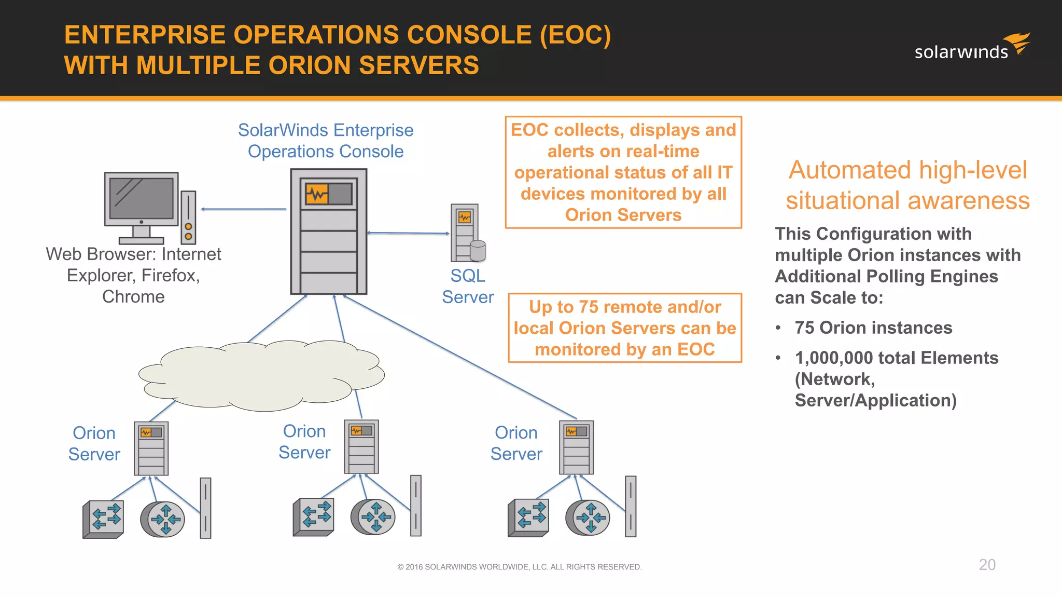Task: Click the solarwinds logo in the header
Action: tap(972, 48)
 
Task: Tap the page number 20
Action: tap(987, 565)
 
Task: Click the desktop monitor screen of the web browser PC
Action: tap(141, 198)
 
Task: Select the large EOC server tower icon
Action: tap(329, 232)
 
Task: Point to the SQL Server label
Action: tap(467, 286)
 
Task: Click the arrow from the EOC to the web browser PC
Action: tap(244, 209)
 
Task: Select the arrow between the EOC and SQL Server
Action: tap(408, 233)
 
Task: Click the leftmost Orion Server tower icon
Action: tap(151, 448)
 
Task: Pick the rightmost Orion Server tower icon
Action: tap(576, 447)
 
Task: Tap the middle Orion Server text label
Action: tap(304, 442)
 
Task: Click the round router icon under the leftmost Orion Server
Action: tap(163, 519)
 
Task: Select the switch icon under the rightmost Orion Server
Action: tap(528, 518)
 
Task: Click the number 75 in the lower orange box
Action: tap(589, 307)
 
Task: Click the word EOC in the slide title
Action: tap(575, 35)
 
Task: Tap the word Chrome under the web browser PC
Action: tap(133, 296)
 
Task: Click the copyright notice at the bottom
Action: tap(520, 567)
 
